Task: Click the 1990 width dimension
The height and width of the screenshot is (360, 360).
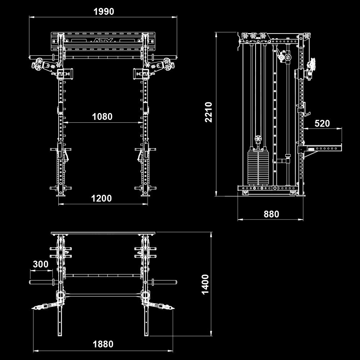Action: (104, 12)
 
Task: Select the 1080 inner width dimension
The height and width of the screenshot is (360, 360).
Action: (102, 117)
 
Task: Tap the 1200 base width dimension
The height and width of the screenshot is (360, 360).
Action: (102, 198)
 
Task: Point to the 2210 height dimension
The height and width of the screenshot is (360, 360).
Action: (209, 112)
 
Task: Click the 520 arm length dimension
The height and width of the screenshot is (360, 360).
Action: (322, 123)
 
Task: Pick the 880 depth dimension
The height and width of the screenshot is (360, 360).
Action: (271, 214)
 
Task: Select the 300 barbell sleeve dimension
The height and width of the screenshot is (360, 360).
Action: (41, 264)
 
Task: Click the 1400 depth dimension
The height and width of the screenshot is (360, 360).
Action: (205, 284)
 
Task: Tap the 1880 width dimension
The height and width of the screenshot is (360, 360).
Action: (103, 344)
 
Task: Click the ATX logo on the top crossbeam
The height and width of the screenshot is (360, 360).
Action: (104, 41)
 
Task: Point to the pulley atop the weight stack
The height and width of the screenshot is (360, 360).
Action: (258, 139)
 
